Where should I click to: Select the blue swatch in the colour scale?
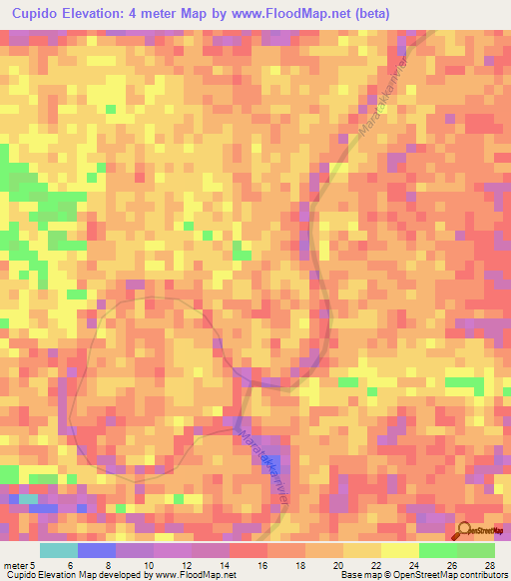click(96, 550)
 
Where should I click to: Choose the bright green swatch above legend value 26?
click(437, 550)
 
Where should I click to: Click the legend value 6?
click(69, 564)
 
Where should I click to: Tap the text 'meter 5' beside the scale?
click(21, 564)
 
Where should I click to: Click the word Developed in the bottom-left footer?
click(112, 575)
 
